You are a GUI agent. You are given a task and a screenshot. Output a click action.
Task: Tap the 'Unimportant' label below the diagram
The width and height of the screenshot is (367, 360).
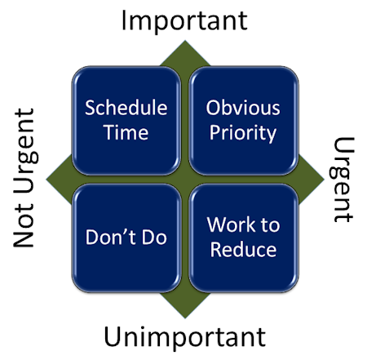[184, 337]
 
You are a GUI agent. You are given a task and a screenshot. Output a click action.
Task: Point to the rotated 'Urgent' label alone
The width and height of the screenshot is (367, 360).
[342, 180]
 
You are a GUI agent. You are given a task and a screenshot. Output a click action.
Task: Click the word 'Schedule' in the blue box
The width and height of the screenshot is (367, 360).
[126, 108]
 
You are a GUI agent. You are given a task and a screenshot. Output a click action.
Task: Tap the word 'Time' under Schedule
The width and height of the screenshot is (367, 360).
[126, 132]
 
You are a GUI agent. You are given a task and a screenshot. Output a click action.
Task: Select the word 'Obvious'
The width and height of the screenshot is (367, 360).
[243, 108]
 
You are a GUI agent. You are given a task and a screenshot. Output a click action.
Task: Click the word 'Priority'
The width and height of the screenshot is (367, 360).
[243, 133]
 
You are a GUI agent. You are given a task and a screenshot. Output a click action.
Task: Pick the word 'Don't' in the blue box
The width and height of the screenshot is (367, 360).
[111, 237]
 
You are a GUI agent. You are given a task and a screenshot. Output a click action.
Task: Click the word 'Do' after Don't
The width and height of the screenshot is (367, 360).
[154, 237]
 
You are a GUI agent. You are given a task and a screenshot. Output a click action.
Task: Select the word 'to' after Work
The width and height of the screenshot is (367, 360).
[271, 225]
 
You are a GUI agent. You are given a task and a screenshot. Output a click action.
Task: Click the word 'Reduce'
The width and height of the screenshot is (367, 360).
[243, 250]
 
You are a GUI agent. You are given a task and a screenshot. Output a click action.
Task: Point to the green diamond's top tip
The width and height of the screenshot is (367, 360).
[185, 41]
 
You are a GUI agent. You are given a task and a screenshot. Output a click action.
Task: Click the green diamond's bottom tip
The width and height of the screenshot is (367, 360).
[185, 318]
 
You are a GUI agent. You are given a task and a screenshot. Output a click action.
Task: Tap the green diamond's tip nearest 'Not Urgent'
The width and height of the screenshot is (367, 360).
[46, 179]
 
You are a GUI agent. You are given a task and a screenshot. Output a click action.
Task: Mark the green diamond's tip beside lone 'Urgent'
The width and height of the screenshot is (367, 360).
[324, 180]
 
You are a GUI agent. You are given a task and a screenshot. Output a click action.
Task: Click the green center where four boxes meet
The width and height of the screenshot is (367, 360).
[185, 180]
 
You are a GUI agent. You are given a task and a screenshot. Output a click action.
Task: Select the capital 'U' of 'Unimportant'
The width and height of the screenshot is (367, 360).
[112, 336]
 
